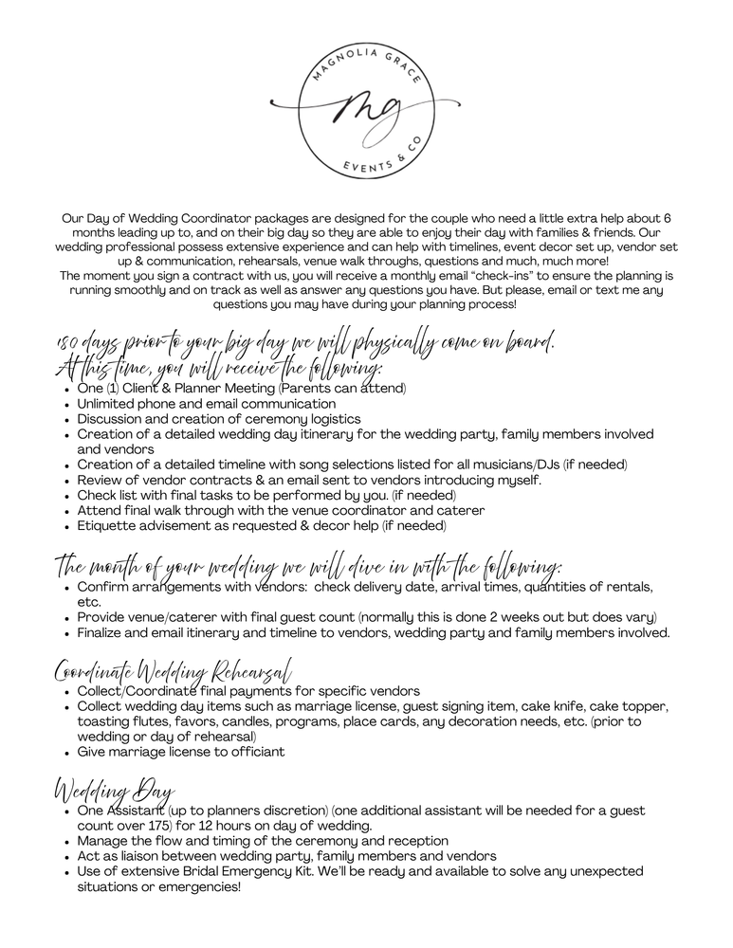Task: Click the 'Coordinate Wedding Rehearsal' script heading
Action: (x=172, y=672)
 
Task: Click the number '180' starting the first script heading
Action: (x=69, y=345)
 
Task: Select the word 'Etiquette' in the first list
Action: (x=107, y=525)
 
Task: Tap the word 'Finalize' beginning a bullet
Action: (x=103, y=632)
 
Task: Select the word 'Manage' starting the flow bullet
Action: (x=104, y=841)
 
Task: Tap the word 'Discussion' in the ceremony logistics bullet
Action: (x=112, y=419)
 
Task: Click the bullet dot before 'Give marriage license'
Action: (x=64, y=752)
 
